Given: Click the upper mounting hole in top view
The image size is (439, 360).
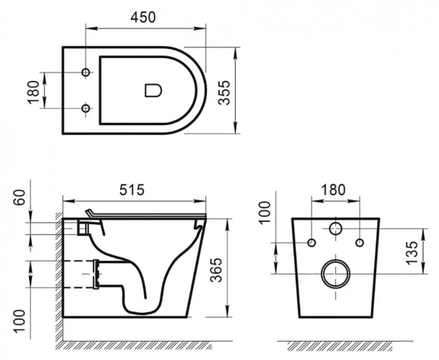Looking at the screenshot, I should [x=86, y=73].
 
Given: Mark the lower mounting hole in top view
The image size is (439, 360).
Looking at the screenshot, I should [x=86, y=108].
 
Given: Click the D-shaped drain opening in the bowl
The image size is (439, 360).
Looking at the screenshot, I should [x=154, y=91].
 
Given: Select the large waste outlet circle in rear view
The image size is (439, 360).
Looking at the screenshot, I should [x=335, y=274].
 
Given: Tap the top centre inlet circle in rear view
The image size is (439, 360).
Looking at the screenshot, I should [x=335, y=229].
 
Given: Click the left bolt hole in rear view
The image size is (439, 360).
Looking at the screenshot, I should [x=311, y=242].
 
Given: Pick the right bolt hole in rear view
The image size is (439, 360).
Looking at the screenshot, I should [x=359, y=242].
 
